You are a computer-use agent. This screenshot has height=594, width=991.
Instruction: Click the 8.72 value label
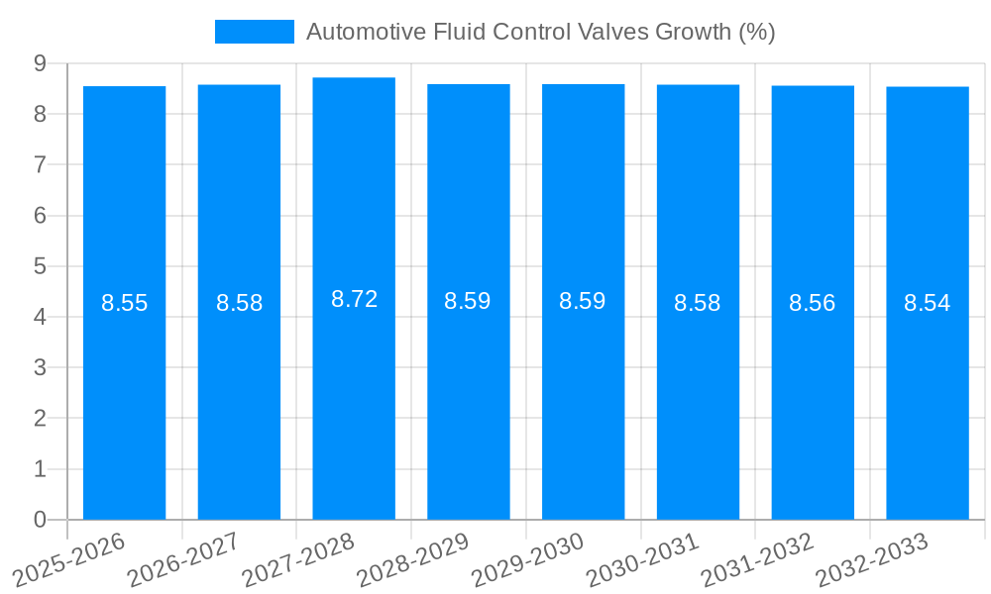(354, 299)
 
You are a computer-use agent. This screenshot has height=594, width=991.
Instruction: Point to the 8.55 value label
(124, 303)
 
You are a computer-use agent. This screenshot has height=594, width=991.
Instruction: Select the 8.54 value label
(927, 303)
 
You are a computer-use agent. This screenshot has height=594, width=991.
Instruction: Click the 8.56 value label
(812, 303)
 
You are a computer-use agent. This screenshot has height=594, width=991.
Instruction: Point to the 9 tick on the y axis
(40, 63)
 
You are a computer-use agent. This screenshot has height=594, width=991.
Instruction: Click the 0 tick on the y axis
(40, 520)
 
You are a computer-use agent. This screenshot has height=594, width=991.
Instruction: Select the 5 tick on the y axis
(40, 266)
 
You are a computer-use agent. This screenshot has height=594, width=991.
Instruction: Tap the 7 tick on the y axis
(40, 164)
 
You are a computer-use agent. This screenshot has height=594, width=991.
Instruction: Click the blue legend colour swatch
(254, 32)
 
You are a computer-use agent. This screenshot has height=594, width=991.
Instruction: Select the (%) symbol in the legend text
(757, 32)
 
